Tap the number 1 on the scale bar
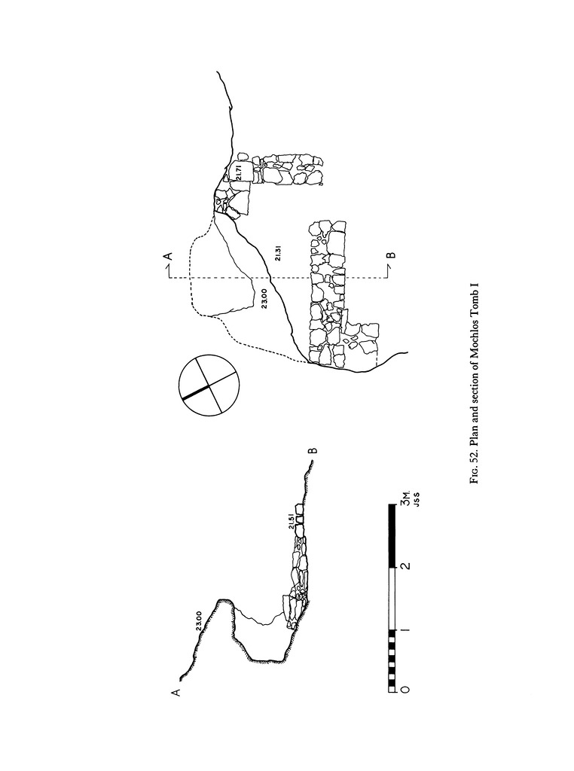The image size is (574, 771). click(x=406, y=630)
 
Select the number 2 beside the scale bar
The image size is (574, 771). click(x=406, y=566)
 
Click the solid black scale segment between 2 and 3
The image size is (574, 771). click(x=392, y=535)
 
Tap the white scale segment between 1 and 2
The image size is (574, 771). click(x=392, y=599)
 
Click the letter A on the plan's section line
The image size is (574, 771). click(x=169, y=255)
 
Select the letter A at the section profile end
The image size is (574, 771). click(x=176, y=693)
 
